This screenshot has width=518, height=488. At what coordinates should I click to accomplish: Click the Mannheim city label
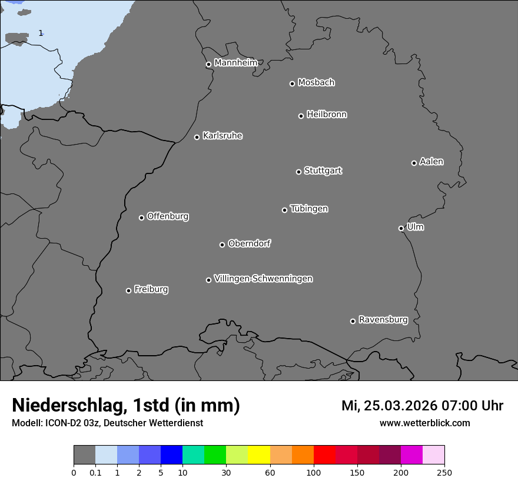(x=235, y=63)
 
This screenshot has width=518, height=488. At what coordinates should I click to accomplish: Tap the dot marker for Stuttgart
(x=298, y=172)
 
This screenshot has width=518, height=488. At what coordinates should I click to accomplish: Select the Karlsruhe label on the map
(x=222, y=136)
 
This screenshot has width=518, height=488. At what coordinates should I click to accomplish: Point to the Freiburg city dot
(x=128, y=290)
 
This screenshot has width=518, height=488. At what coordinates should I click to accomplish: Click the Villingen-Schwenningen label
(x=263, y=279)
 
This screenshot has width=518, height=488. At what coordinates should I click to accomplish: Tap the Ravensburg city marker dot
(x=353, y=321)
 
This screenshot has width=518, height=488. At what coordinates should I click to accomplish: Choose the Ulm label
(x=415, y=227)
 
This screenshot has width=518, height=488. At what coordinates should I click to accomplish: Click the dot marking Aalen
(x=414, y=163)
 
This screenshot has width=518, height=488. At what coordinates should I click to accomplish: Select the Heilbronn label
(x=327, y=115)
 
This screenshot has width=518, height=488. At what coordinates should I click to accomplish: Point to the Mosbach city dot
(x=292, y=83)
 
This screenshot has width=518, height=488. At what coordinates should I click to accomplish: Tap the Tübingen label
(x=309, y=209)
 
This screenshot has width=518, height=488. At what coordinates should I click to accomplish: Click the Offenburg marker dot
(x=141, y=218)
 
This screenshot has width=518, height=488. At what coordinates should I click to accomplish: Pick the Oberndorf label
(x=249, y=243)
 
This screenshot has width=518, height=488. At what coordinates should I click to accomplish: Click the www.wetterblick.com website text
(x=424, y=423)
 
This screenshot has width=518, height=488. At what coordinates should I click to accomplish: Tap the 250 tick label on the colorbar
(x=444, y=472)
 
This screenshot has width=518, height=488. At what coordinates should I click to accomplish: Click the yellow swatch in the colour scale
(x=259, y=455)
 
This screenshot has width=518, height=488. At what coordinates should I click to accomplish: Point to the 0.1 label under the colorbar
(x=95, y=472)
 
